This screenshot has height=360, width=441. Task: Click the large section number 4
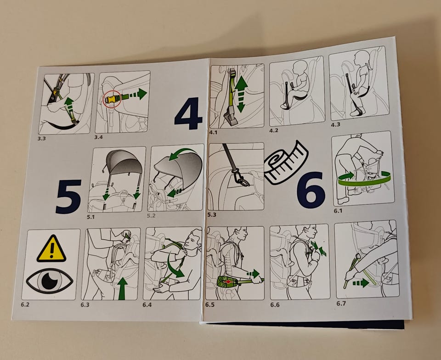(x=188, y=113)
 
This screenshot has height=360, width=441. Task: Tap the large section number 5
(x=68, y=197)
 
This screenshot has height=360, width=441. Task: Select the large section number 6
(x=311, y=190)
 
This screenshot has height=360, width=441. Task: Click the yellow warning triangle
(x=51, y=249)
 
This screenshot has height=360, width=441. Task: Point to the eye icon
(x=50, y=281)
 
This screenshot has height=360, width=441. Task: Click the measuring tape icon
(x=286, y=163)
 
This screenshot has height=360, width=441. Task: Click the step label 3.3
(x=42, y=139)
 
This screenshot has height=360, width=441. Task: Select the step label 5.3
(x=212, y=215)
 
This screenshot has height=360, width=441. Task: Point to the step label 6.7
(x=341, y=304)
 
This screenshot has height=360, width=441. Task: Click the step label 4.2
(x=274, y=131)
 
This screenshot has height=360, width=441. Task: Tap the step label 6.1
(x=338, y=210)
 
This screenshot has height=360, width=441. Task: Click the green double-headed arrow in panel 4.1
(x=241, y=94)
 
